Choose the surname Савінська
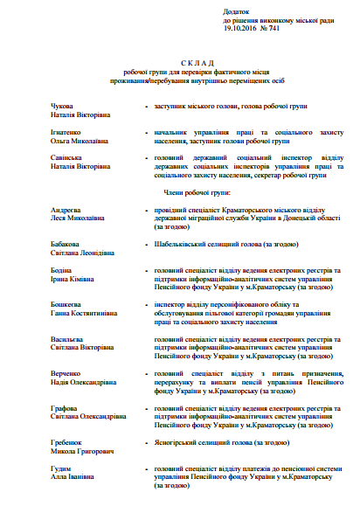[x=70, y=156]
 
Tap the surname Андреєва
[x=69, y=211]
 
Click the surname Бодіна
[x=64, y=271]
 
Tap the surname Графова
[x=66, y=407]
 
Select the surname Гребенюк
[x=69, y=442]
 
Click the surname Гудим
[x=63, y=469]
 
